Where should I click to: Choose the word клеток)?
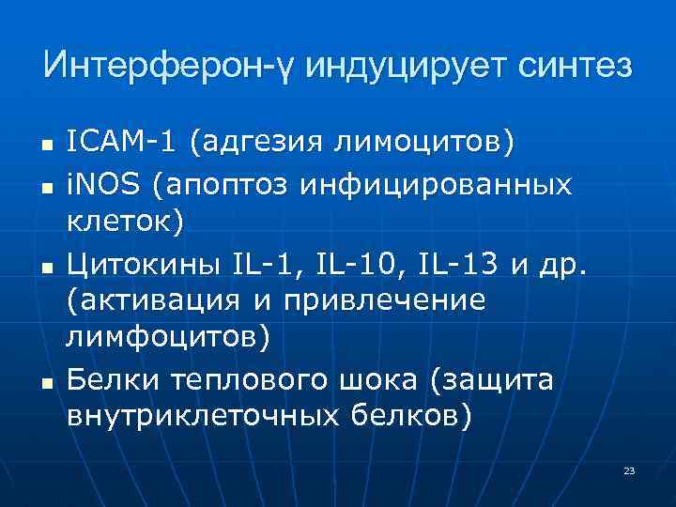[x=127, y=222]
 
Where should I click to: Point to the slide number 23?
[x=629, y=469]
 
